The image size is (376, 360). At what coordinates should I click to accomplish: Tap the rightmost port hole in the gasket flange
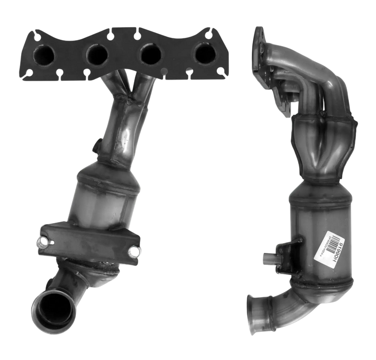(x=205, y=53)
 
